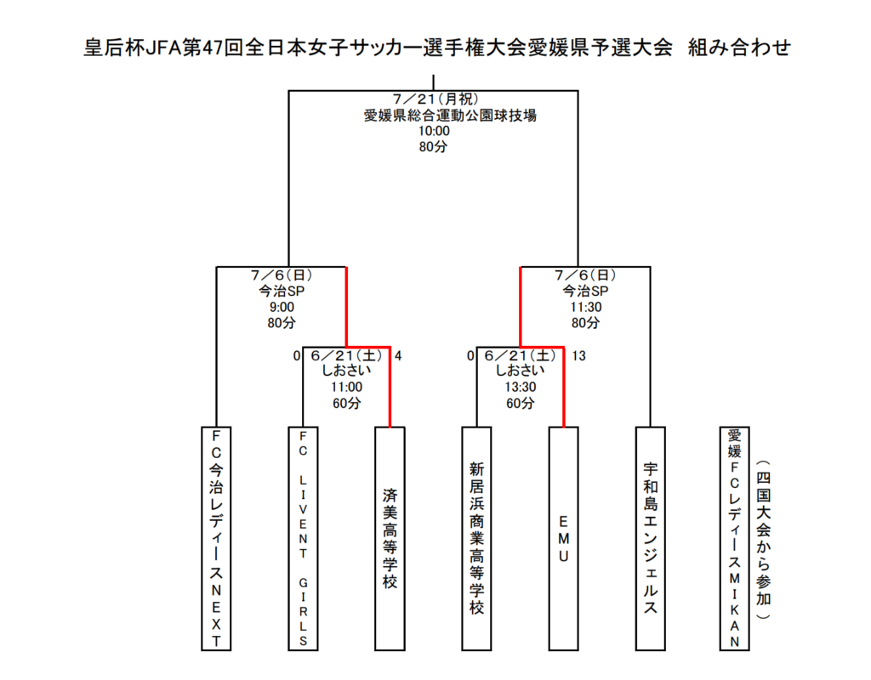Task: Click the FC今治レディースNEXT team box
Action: [x=216, y=538]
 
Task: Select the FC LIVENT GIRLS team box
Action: [x=303, y=538]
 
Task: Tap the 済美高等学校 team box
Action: [x=390, y=538]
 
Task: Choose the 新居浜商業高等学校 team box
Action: [x=476, y=538]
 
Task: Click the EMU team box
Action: [x=563, y=538]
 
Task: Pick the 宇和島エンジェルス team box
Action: [x=651, y=538]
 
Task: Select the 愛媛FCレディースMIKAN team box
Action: [x=734, y=538]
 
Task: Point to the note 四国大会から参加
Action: [x=763, y=539]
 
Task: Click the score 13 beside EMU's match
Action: [x=578, y=356]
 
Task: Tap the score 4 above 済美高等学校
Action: [x=398, y=356]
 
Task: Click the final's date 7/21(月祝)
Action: [x=435, y=99]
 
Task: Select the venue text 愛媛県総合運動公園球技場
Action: [x=450, y=116]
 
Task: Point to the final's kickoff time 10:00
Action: [x=434, y=131]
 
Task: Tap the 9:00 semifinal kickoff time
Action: [x=282, y=307]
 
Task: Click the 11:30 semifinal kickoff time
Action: [x=586, y=307]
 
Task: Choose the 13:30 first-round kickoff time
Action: [x=521, y=387]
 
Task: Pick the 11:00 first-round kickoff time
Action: [x=347, y=387]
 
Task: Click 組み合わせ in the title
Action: [x=739, y=48]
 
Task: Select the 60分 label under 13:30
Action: [x=521, y=403]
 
